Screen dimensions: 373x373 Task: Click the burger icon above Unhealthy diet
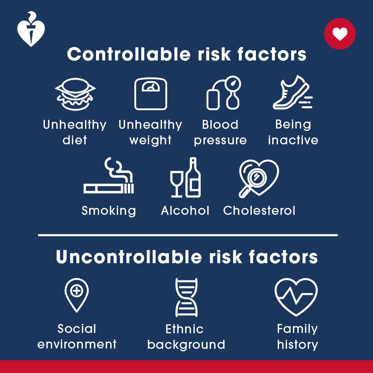tap(75, 94)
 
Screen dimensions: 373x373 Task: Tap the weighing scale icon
tap(151, 94)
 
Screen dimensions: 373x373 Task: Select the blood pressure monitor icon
tap(223, 93)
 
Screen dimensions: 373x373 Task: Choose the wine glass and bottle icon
tap(185, 178)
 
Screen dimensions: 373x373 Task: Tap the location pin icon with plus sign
tap(77, 295)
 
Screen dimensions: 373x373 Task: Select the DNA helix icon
tap(186, 297)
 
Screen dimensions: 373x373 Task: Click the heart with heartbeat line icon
tap(296, 297)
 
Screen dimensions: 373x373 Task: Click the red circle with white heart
tap(340, 34)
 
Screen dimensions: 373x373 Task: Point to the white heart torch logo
tap(31, 29)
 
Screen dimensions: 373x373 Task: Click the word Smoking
tap(109, 211)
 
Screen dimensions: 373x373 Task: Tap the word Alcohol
tap(185, 211)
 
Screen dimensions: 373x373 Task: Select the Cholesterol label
tap(259, 211)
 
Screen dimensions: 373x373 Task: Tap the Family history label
tap(297, 337)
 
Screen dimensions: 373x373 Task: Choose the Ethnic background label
tap(186, 337)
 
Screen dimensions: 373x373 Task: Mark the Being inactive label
tap(293, 132)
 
